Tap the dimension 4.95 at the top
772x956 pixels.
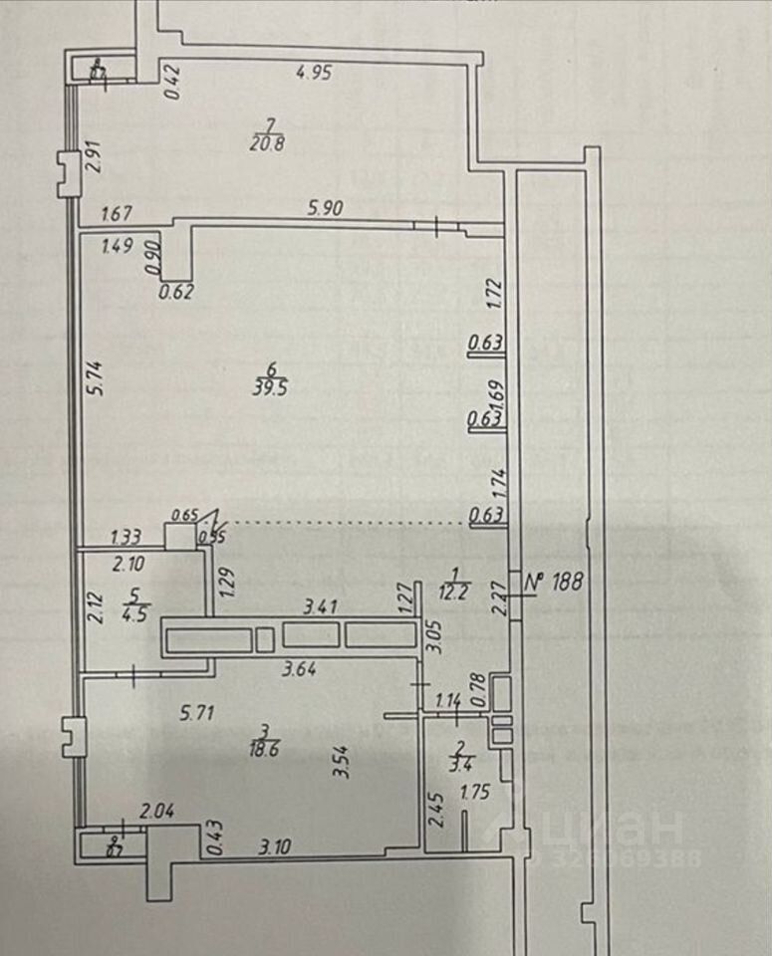[x=314, y=72]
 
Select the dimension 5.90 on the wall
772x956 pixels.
[x=326, y=210]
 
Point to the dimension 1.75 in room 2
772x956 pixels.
[x=476, y=794]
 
